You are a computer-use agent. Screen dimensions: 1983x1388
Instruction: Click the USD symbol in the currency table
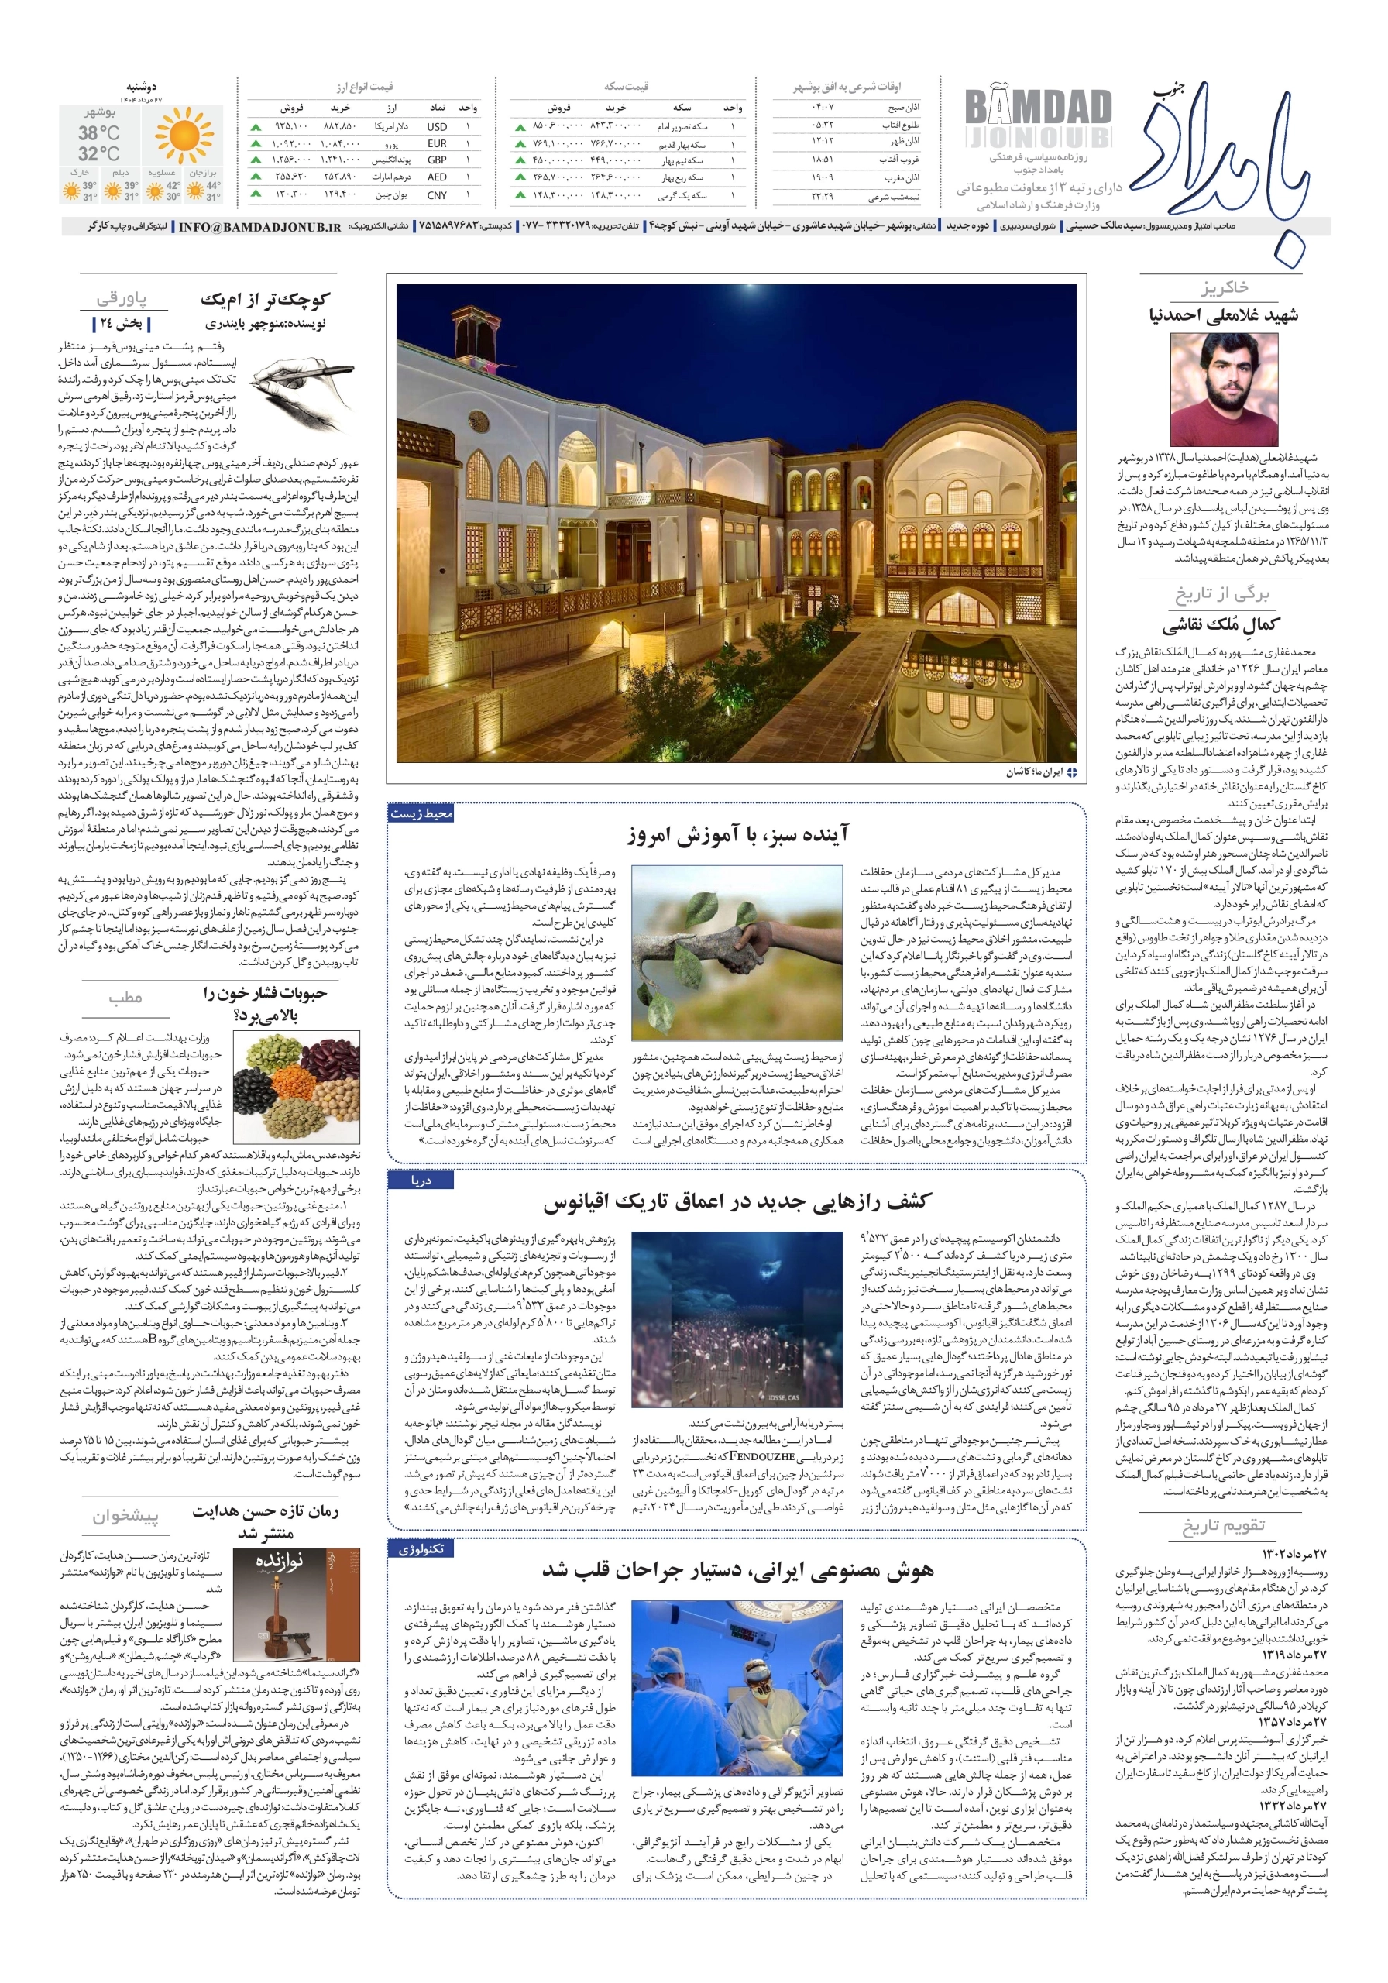(436, 126)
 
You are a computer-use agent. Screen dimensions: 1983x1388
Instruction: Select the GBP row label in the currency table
(436, 160)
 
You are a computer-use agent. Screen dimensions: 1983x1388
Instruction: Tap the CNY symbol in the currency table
(436, 195)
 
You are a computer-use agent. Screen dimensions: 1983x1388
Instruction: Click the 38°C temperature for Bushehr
(98, 133)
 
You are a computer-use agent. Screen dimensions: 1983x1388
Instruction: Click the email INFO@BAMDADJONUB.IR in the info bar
(260, 227)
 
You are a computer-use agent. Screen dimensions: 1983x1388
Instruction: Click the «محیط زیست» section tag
(421, 813)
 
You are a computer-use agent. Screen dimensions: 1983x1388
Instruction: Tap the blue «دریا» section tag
(421, 1180)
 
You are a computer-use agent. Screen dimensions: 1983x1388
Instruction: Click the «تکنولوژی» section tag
(421, 1548)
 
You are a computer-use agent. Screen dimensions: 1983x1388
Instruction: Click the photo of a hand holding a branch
(737, 951)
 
